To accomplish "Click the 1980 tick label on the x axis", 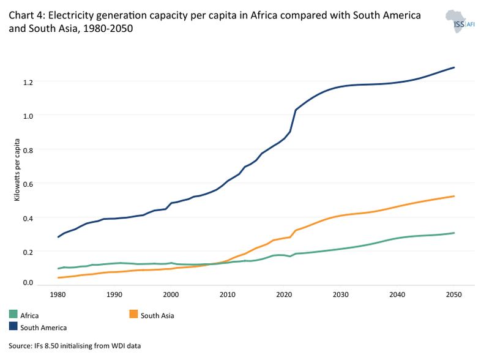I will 58,294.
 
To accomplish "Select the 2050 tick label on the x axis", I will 454,294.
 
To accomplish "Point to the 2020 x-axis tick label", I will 284,294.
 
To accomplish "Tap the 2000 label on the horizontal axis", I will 171,294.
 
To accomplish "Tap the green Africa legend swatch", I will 13,315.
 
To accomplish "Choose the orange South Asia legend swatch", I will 133,315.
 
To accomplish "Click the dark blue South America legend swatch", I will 13,328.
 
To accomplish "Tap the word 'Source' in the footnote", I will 21,347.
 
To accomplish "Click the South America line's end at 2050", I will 454,67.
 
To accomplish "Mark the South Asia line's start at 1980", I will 58,278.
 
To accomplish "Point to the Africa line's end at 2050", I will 454,233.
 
